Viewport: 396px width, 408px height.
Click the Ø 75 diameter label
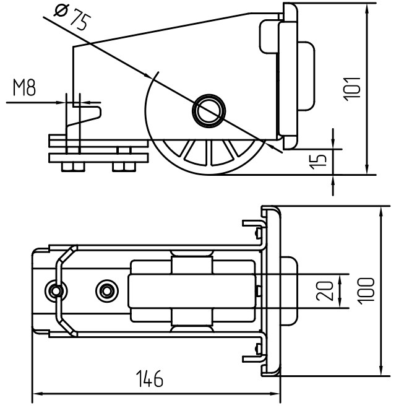pos(73,16)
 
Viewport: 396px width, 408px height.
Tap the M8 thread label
pos(24,88)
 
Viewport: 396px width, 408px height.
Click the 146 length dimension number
pos(150,378)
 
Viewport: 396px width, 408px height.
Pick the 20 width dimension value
pos(325,291)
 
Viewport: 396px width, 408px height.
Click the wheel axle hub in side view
pos(209,111)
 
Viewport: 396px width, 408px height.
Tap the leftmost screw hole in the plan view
pos(55,290)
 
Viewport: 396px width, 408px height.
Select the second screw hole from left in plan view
pos(107,290)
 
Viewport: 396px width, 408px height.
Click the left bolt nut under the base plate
pos(73,167)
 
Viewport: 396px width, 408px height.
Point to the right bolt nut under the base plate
pos(124,167)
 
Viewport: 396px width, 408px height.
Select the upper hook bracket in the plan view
pos(254,227)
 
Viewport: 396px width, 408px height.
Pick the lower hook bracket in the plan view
pos(254,356)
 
